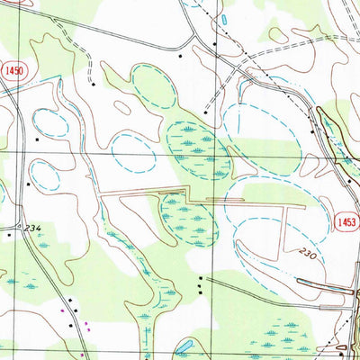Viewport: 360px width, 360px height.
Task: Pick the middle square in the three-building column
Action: click(200, 283)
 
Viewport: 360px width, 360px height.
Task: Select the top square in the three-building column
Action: click(200, 278)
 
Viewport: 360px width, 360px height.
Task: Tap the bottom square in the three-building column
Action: click(200, 289)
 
